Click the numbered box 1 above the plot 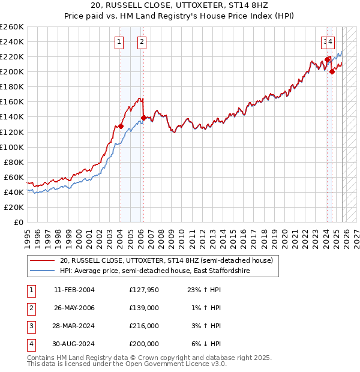click(119, 42)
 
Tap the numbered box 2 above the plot click(142, 42)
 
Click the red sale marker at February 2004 click(121, 126)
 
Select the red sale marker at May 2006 click(143, 118)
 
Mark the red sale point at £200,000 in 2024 click(332, 71)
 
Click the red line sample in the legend click(42, 261)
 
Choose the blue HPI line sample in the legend click(42, 271)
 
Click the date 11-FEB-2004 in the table click(74, 290)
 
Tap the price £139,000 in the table click(144, 308)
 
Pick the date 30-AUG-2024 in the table click(74, 344)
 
